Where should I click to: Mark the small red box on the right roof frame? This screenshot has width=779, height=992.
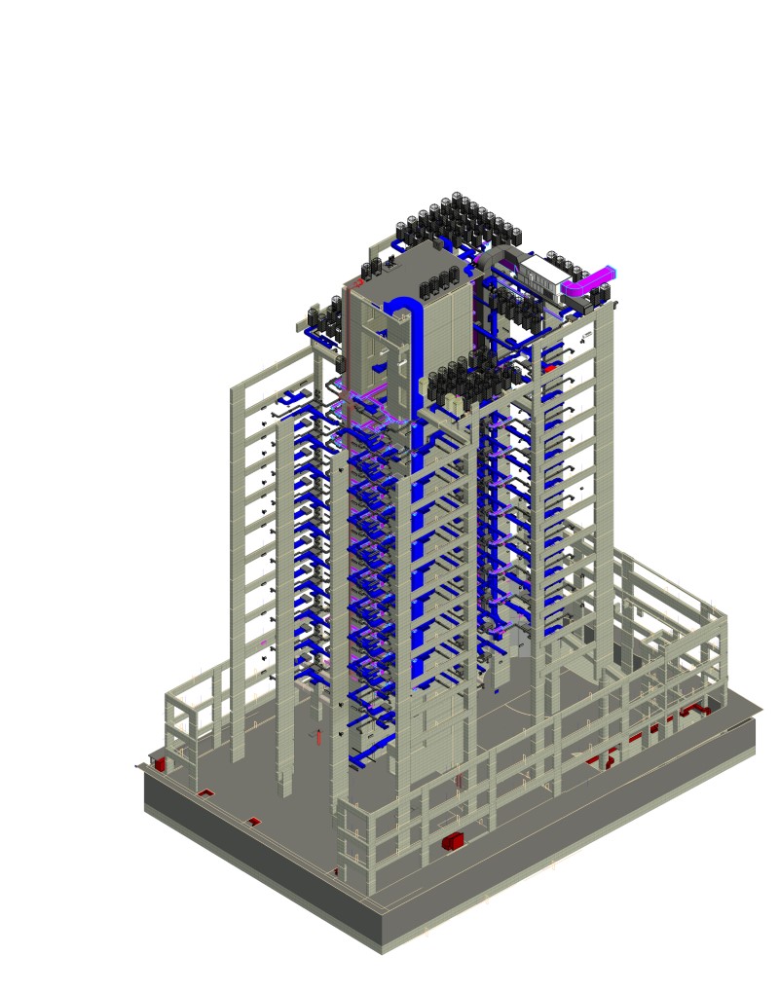point(550,368)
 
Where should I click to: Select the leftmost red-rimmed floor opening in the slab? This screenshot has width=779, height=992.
point(207,793)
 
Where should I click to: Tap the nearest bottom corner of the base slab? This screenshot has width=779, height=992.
point(382,949)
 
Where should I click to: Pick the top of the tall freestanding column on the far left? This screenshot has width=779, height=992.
point(237,389)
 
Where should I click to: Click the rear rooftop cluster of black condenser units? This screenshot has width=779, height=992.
point(458,219)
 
